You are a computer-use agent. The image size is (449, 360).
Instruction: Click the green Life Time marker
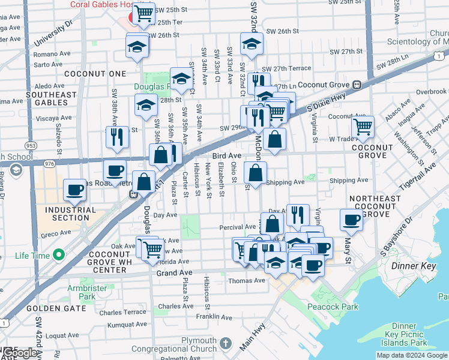click(x=58, y=256)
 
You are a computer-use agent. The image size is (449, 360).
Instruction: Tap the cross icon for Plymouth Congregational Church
click(x=225, y=343)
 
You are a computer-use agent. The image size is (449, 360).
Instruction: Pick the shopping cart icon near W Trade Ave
click(x=363, y=127)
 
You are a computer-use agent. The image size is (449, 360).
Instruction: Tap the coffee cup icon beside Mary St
click(x=351, y=220)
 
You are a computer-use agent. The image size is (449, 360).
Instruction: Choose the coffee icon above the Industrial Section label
click(x=75, y=190)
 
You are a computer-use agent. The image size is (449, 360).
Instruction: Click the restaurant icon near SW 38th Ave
click(x=117, y=136)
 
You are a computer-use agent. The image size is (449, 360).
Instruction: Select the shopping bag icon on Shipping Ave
click(x=256, y=173)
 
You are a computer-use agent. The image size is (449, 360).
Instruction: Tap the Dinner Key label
click(x=411, y=265)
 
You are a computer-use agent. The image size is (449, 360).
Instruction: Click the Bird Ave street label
click(x=226, y=155)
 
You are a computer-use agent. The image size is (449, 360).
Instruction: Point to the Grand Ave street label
click(x=174, y=272)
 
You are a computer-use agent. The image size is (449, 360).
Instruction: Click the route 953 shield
click(x=31, y=145)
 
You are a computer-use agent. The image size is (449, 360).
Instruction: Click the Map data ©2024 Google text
click(x=412, y=355)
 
